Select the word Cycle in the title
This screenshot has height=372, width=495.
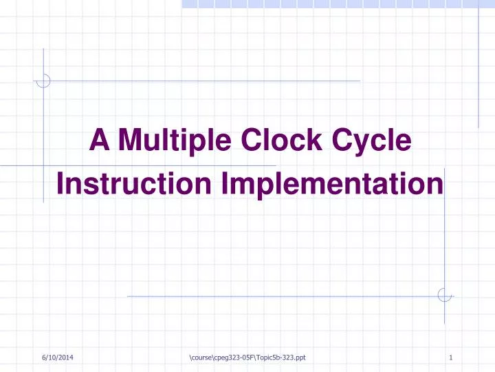(x=372, y=143)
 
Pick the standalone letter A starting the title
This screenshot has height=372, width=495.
(x=100, y=141)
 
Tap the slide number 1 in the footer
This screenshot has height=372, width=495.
(x=450, y=358)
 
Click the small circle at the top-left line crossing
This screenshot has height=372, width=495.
(x=43, y=81)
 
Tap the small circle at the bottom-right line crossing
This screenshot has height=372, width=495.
(x=445, y=296)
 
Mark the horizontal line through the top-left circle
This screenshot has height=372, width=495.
(x=206, y=81)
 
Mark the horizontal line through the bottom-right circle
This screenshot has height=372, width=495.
(x=275, y=296)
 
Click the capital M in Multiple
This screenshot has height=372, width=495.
(x=130, y=141)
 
